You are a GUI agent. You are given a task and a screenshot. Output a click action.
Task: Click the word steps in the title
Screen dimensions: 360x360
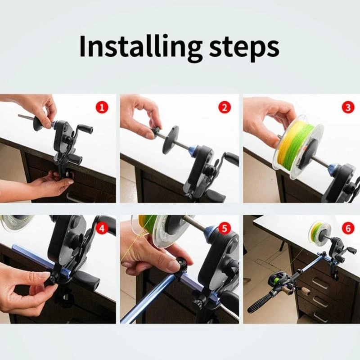tap(244, 49)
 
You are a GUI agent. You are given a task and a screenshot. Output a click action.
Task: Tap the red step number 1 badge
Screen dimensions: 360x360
tap(102, 107)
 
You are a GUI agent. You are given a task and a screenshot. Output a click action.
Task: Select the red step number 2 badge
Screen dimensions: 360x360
tap(224, 107)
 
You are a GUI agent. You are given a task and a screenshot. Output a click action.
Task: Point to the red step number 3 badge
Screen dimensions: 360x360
tap(348, 107)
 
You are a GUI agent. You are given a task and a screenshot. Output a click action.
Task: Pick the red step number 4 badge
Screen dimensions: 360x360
tap(102, 228)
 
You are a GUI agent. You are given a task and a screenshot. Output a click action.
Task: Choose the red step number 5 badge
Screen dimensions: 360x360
tap(224, 228)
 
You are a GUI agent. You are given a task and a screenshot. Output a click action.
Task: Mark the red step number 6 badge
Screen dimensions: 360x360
tap(348, 228)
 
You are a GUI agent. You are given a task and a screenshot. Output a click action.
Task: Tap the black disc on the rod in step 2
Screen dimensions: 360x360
tap(171, 139)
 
